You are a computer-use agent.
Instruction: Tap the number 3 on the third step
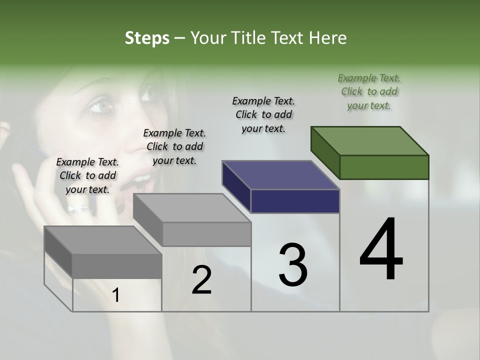click(292, 264)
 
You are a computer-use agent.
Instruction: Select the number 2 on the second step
click(201, 279)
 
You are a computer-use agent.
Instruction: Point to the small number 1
click(116, 295)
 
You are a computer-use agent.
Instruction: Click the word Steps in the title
click(147, 38)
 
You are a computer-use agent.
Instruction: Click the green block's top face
click(369, 140)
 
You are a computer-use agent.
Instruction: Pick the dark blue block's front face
click(295, 201)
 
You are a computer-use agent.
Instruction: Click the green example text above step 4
click(369, 91)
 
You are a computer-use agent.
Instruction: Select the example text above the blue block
click(263, 114)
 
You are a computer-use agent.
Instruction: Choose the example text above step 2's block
click(174, 146)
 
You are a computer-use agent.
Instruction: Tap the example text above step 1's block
click(87, 175)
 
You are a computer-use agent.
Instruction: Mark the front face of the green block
click(384, 167)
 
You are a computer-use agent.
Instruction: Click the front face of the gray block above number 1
click(116, 266)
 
